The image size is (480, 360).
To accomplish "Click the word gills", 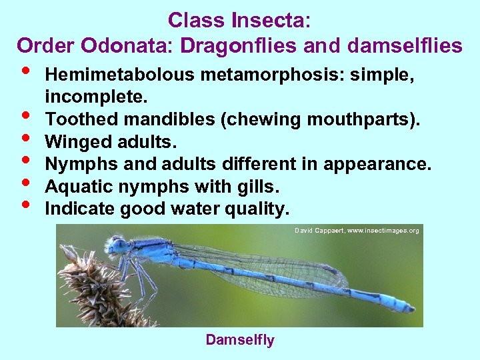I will click(x=260, y=187).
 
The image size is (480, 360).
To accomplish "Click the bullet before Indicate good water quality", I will click(x=24, y=205).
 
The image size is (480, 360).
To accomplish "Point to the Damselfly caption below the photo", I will click(x=239, y=340).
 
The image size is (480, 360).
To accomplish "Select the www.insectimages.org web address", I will click(x=383, y=231).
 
